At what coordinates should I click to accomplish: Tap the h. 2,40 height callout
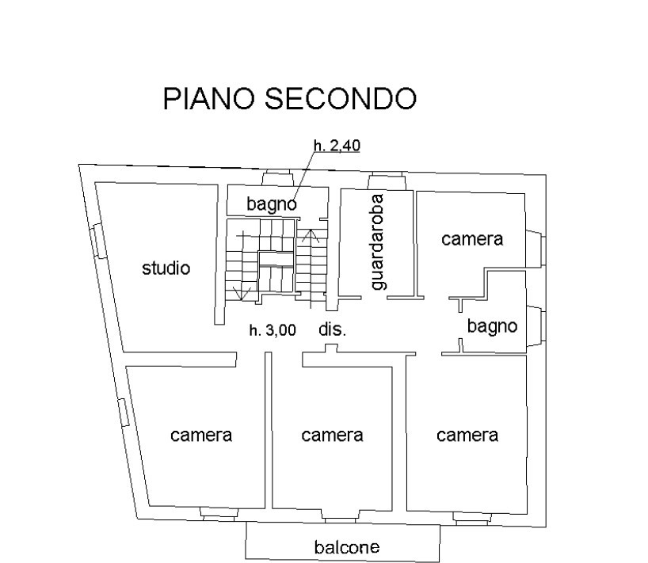(x=337, y=145)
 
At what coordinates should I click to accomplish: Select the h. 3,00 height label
(x=273, y=331)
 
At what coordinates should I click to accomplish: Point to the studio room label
(x=166, y=268)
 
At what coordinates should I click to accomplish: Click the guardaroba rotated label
(x=379, y=241)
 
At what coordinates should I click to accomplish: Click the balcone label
(x=346, y=546)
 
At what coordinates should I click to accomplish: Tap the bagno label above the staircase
(x=271, y=204)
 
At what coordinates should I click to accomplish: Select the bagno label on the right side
(x=492, y=325)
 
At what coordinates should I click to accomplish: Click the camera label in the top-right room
(x=472, y=238)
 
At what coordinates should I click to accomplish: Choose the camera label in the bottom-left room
(x=201, y=435)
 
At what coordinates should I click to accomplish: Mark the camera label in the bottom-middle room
(x=332, y=435)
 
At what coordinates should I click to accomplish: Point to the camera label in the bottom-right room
(x=467, y=435)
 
